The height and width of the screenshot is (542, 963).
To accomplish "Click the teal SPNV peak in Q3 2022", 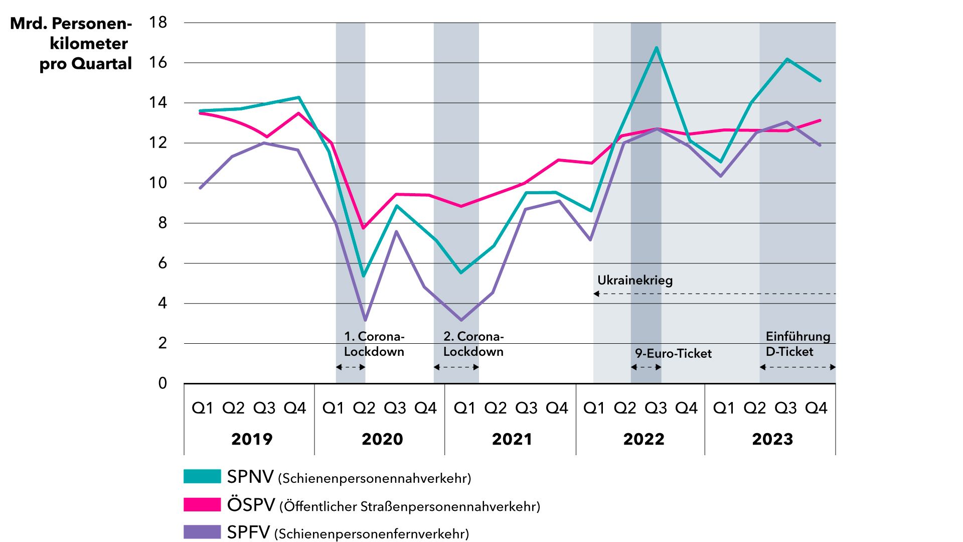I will pyautogui.click(x=657, y=48).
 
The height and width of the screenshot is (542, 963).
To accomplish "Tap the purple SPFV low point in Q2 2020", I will pyautogui.click(x=365, y=320).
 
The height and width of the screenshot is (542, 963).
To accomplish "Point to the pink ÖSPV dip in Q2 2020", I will pyautogui.click(x=364, y=228).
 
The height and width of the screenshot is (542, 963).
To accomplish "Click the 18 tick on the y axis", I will pyautogui.click(x=158, y=23).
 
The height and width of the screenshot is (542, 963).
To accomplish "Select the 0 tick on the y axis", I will pyautogui.click(x=163, y=383).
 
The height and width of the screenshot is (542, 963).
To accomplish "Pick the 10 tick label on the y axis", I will pyautogui.click(x=158, y=183).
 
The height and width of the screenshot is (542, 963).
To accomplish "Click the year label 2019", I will pyautogui.click(x=252, y=439).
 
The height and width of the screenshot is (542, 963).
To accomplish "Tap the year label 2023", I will pyautogui.click(x=772, y=439).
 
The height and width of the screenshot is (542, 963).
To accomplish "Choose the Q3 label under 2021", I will pyautogui.click(x=526, y=408).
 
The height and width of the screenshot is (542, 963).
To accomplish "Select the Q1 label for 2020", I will pyautogui.click(x=333, y=408).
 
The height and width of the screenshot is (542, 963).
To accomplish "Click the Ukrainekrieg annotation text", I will pyautogui.click(x=635, y=280).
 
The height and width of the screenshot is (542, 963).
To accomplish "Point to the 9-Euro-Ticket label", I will pyautogui.click(x=673, y=353).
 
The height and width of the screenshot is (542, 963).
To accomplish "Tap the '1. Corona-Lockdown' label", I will pyautogui.click(x=374, y=344).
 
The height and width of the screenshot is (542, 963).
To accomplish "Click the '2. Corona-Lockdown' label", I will pyautogui.click(x=473, y=344).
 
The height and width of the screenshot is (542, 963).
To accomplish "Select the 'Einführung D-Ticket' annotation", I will pyautogui.click(x=797, y=344).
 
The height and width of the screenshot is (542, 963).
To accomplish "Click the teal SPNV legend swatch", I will pyautogui.click(x=202, y=476).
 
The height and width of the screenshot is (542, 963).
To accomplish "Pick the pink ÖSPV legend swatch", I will pyautogui.click(x=202, y=504).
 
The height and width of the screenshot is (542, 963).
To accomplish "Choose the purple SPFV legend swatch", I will pyautogui.click(x=202, y=532).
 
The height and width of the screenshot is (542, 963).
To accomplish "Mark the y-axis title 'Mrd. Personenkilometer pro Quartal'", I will pyautogui.click(x=80, y=44).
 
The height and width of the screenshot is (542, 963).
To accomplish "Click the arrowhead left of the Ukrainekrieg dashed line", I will pyautogui.click(x=596, y=294).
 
